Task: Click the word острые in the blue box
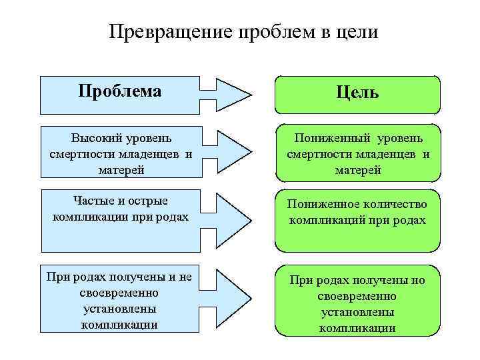(148, 201)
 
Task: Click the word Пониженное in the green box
(321, 205)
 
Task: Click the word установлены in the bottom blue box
(120, 309)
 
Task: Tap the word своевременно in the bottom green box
(358, 295)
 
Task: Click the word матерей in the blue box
(120, 169)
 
